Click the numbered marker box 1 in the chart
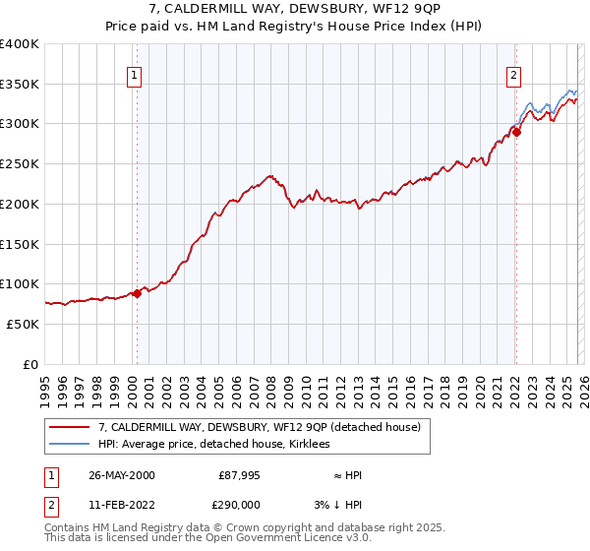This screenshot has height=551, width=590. point(133,72)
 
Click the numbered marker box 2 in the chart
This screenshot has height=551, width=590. point(513,72)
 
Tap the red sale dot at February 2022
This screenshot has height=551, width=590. point(516,133)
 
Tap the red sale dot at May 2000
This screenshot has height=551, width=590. point(138,293)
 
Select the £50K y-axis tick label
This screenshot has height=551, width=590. point(24,324)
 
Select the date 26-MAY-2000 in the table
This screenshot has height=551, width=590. point(121,475)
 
